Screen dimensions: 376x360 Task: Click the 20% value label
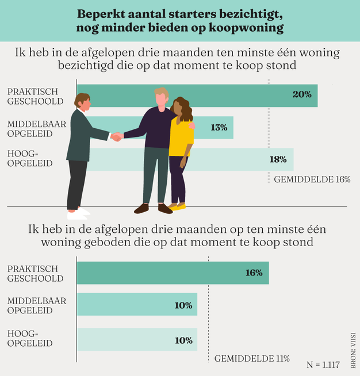301,95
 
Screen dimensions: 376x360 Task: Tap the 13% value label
219,127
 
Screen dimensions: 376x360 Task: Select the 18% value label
278,159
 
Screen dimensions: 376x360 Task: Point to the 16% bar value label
253,273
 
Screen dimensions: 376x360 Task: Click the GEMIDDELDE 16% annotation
312,179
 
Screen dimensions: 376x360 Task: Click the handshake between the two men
117,136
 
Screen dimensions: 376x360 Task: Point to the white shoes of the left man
78,214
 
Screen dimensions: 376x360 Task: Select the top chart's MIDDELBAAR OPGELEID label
30,127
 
